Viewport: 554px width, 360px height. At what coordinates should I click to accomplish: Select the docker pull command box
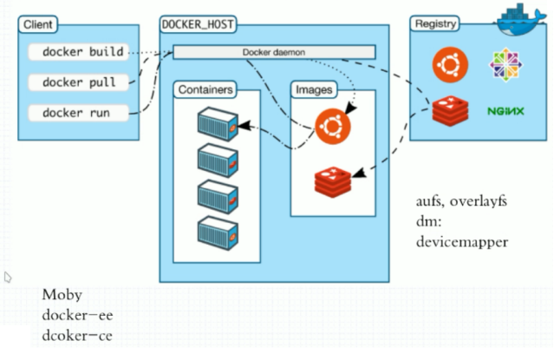pyautogui.click(x=78, y=82)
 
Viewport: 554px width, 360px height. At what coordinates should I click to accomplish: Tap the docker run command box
pyautogui.click(x=78, y=113)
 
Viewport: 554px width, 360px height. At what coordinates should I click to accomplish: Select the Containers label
pyautogui.click(x=205, y=90)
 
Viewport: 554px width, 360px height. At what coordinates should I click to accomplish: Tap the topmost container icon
pyautogui.click(x=216, y=123)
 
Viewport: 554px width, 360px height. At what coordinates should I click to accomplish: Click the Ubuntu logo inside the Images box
pyautogui.click(x=332, y=127)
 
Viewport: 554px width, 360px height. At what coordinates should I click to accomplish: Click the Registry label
pyautogui.click(x=435, y=24)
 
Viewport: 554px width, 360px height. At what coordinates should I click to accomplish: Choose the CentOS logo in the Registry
pyautogui.click(x=506, y=65)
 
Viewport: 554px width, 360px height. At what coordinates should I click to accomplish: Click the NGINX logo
pyautogui.click(x=505, y=111)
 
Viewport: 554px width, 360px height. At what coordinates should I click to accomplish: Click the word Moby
pyautogui.click(x=61, y=295)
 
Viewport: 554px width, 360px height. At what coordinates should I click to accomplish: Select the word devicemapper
pyautogui.click(x=461, y=241)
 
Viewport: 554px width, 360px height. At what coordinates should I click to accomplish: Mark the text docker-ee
pyautogui.click(x=76, y=315)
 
